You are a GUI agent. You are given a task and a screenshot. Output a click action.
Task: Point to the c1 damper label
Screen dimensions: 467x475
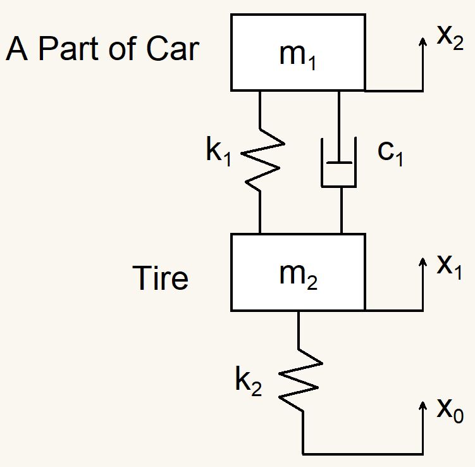pos(390,154)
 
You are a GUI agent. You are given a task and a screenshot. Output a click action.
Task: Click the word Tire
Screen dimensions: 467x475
pos(161,278)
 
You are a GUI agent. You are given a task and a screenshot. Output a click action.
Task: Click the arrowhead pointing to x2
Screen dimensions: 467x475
pos(423,41)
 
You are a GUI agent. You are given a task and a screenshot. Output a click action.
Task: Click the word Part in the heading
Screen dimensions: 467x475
pos(79,50)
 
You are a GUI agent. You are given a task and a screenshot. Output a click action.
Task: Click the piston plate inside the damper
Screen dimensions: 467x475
pos(339,162)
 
